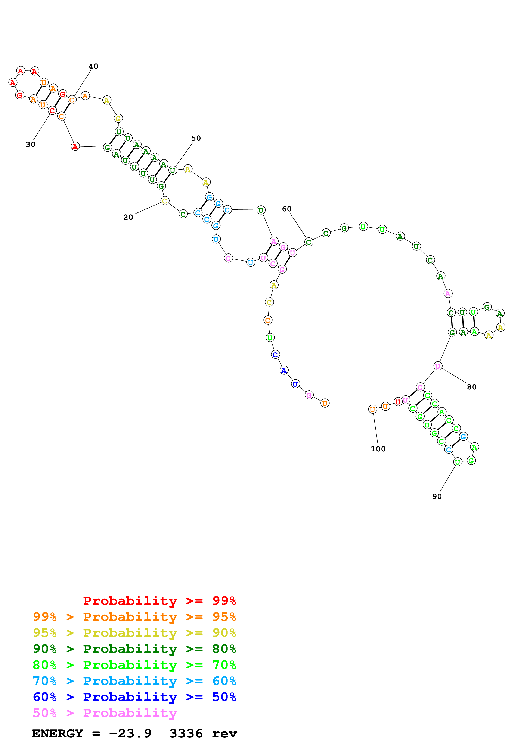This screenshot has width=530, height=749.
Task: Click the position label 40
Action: (x=93, y=66)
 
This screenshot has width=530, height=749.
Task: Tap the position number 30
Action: (x=30, y=145)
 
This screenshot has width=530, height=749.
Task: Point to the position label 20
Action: (x=128, y=217)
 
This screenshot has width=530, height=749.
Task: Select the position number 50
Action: (x=196, y=138)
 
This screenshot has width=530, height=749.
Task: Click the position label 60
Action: (x=287, y=209)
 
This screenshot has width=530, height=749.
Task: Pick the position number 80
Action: (x=472, y=387)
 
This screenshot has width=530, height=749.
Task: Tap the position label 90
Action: (x=437, y=496)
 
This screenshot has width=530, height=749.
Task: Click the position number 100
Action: (x=378, y=449)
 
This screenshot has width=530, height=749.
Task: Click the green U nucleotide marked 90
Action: (x=458, y=462)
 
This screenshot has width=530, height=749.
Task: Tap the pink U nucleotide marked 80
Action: (x=438, y=366)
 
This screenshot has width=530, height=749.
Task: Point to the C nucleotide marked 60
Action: (x=309, y=242)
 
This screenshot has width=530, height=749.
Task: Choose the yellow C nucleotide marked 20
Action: (x=165, y=201)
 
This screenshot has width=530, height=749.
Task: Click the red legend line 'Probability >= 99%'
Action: (x=159, y=601)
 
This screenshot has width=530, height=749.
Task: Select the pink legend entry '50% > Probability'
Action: (x=105, y=713)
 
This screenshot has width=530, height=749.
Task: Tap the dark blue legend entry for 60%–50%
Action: (x=134, y=697)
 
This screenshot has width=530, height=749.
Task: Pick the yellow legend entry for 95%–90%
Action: (x=134, y=633)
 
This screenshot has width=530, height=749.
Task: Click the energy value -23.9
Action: (x=130, y=734)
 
